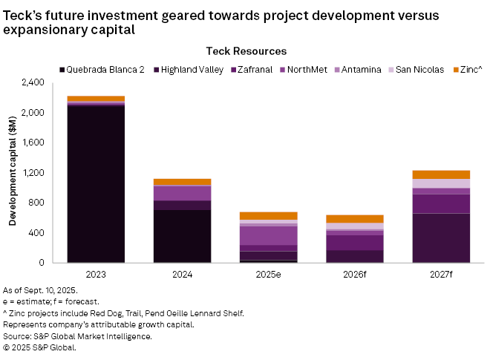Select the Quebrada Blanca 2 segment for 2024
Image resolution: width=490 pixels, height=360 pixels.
coord(182,236)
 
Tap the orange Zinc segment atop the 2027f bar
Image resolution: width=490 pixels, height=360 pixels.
coord(442,174)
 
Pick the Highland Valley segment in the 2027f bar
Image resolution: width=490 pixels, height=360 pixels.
coord(442,238)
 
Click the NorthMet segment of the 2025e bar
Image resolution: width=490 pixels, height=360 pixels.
coord(269,235)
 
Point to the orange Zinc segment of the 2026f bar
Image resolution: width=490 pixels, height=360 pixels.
coord(355,219)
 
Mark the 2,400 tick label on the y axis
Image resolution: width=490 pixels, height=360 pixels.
coord(34,82)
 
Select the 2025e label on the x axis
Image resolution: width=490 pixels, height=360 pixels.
coord(269,275)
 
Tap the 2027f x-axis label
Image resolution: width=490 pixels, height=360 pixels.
coord(442,275)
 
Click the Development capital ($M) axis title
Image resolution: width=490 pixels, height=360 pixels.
coord(13,172)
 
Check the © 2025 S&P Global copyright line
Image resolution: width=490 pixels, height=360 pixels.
coord(40,347)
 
